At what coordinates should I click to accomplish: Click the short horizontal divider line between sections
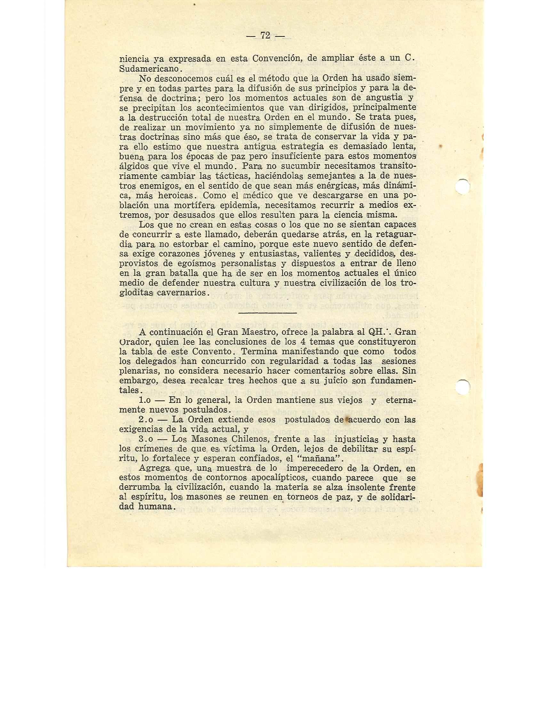point(267,313)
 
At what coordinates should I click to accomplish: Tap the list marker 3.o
point(147,439)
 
